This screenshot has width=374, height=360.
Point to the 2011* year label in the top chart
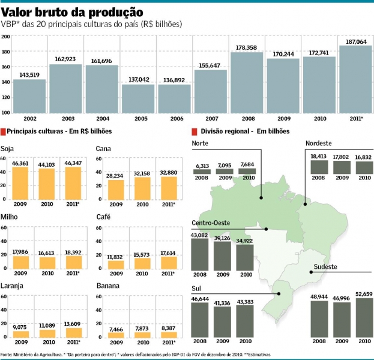pyautogui.click(x=356, y=119)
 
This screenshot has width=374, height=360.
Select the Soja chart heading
pyautogui.click(x=8, y=148)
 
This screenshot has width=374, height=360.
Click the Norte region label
pyautogui.click(x=201, y=143)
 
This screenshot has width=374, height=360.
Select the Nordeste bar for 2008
pyautogui.click(x=318, y=167)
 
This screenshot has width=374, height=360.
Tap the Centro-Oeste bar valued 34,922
pyautogui.click(x=244, y=257)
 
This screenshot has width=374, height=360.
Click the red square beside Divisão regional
pyautogui.click(x=194, y=131)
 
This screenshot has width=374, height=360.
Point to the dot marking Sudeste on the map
pyautogui.click(x=312, y=272)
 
